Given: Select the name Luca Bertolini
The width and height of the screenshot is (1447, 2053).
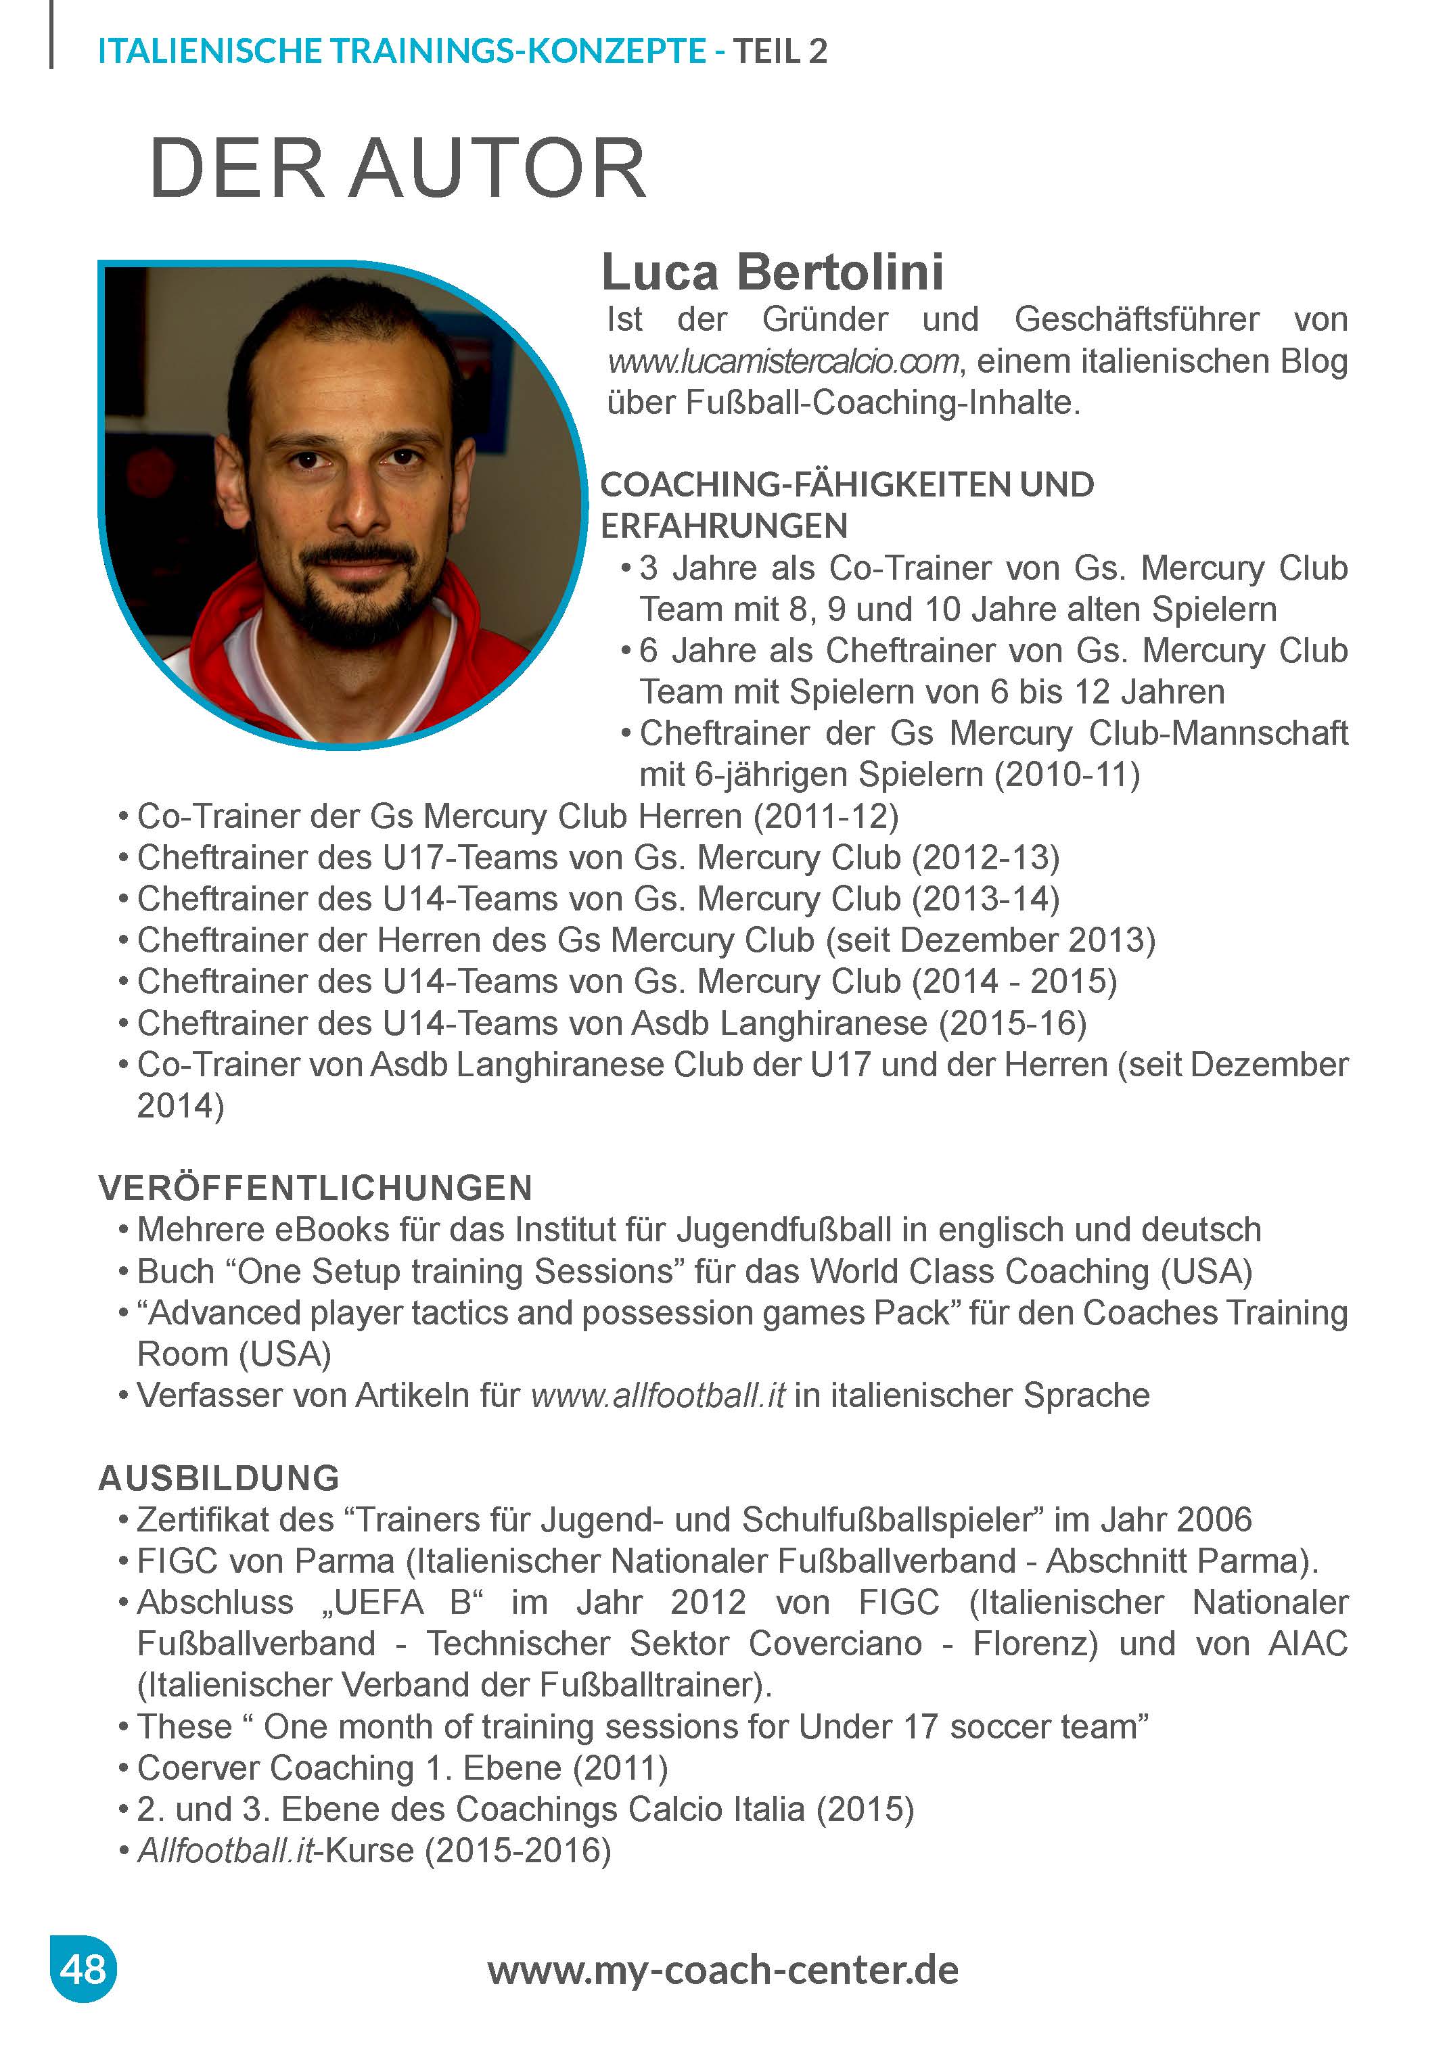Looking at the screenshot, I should point(772,272).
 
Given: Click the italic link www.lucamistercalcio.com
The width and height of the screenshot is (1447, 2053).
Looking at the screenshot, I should point(783,362).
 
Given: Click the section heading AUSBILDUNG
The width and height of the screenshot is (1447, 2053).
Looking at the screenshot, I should point(219,1478).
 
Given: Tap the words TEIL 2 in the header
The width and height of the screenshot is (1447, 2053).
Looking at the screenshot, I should point(780,51).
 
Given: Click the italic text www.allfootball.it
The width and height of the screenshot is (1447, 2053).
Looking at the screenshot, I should point(658,1395).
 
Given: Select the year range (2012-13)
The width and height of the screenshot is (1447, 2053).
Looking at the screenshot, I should point(986,858).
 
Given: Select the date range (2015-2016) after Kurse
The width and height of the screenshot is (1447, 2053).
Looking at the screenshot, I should point(517,1851).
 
